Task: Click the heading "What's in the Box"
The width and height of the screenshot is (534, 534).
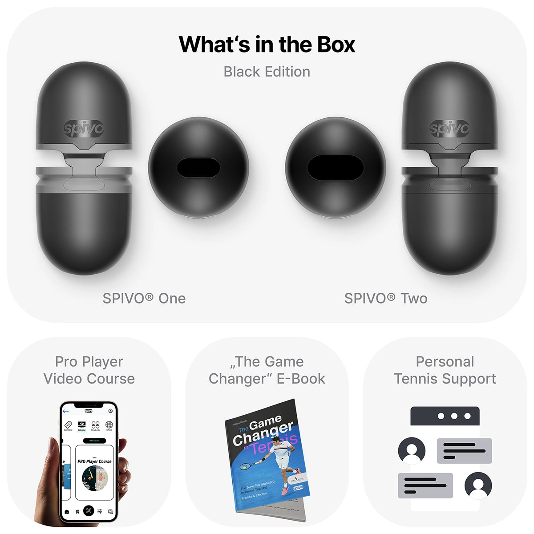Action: point(267,44)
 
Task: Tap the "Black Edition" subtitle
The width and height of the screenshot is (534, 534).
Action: point(267,72)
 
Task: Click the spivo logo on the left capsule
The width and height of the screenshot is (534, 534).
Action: point(84,129)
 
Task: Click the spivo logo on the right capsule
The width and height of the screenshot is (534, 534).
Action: point(449,129)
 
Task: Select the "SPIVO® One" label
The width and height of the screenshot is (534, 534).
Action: point(144,298)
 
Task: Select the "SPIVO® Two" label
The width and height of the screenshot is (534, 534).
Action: point(386,298)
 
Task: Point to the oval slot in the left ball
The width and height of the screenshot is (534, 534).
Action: point(198,168)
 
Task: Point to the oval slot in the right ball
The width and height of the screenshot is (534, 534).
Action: point(336,168)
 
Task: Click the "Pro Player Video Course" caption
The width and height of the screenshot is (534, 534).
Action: point(89,370)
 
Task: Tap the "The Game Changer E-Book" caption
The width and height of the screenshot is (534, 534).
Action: point(267,370)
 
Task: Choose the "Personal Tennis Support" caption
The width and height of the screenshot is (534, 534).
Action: point(445,370)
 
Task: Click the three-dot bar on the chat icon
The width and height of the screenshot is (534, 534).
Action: point(445,416)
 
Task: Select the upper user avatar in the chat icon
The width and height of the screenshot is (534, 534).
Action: point(412,451)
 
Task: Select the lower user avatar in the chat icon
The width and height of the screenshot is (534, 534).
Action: point(478,485)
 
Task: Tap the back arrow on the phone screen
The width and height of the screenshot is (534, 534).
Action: point(66,411)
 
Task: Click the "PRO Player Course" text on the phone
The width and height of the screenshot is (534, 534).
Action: point(94,461)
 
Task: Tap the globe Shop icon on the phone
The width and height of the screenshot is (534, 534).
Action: point(109,425)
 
